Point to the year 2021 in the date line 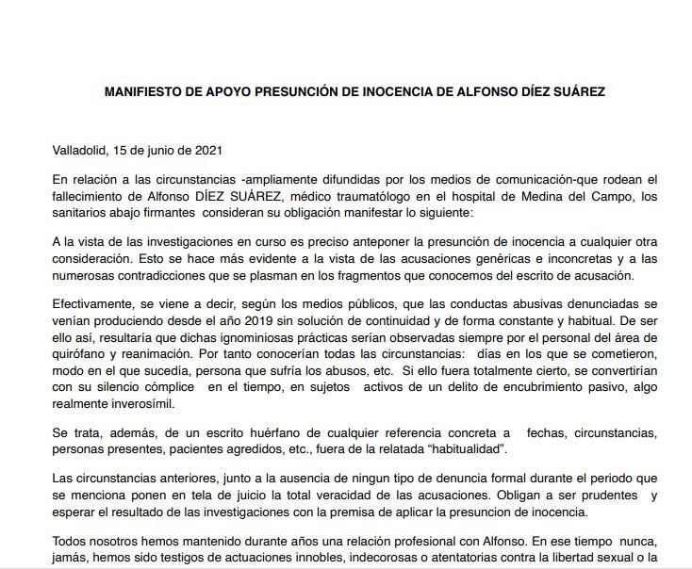coord(208,150)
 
